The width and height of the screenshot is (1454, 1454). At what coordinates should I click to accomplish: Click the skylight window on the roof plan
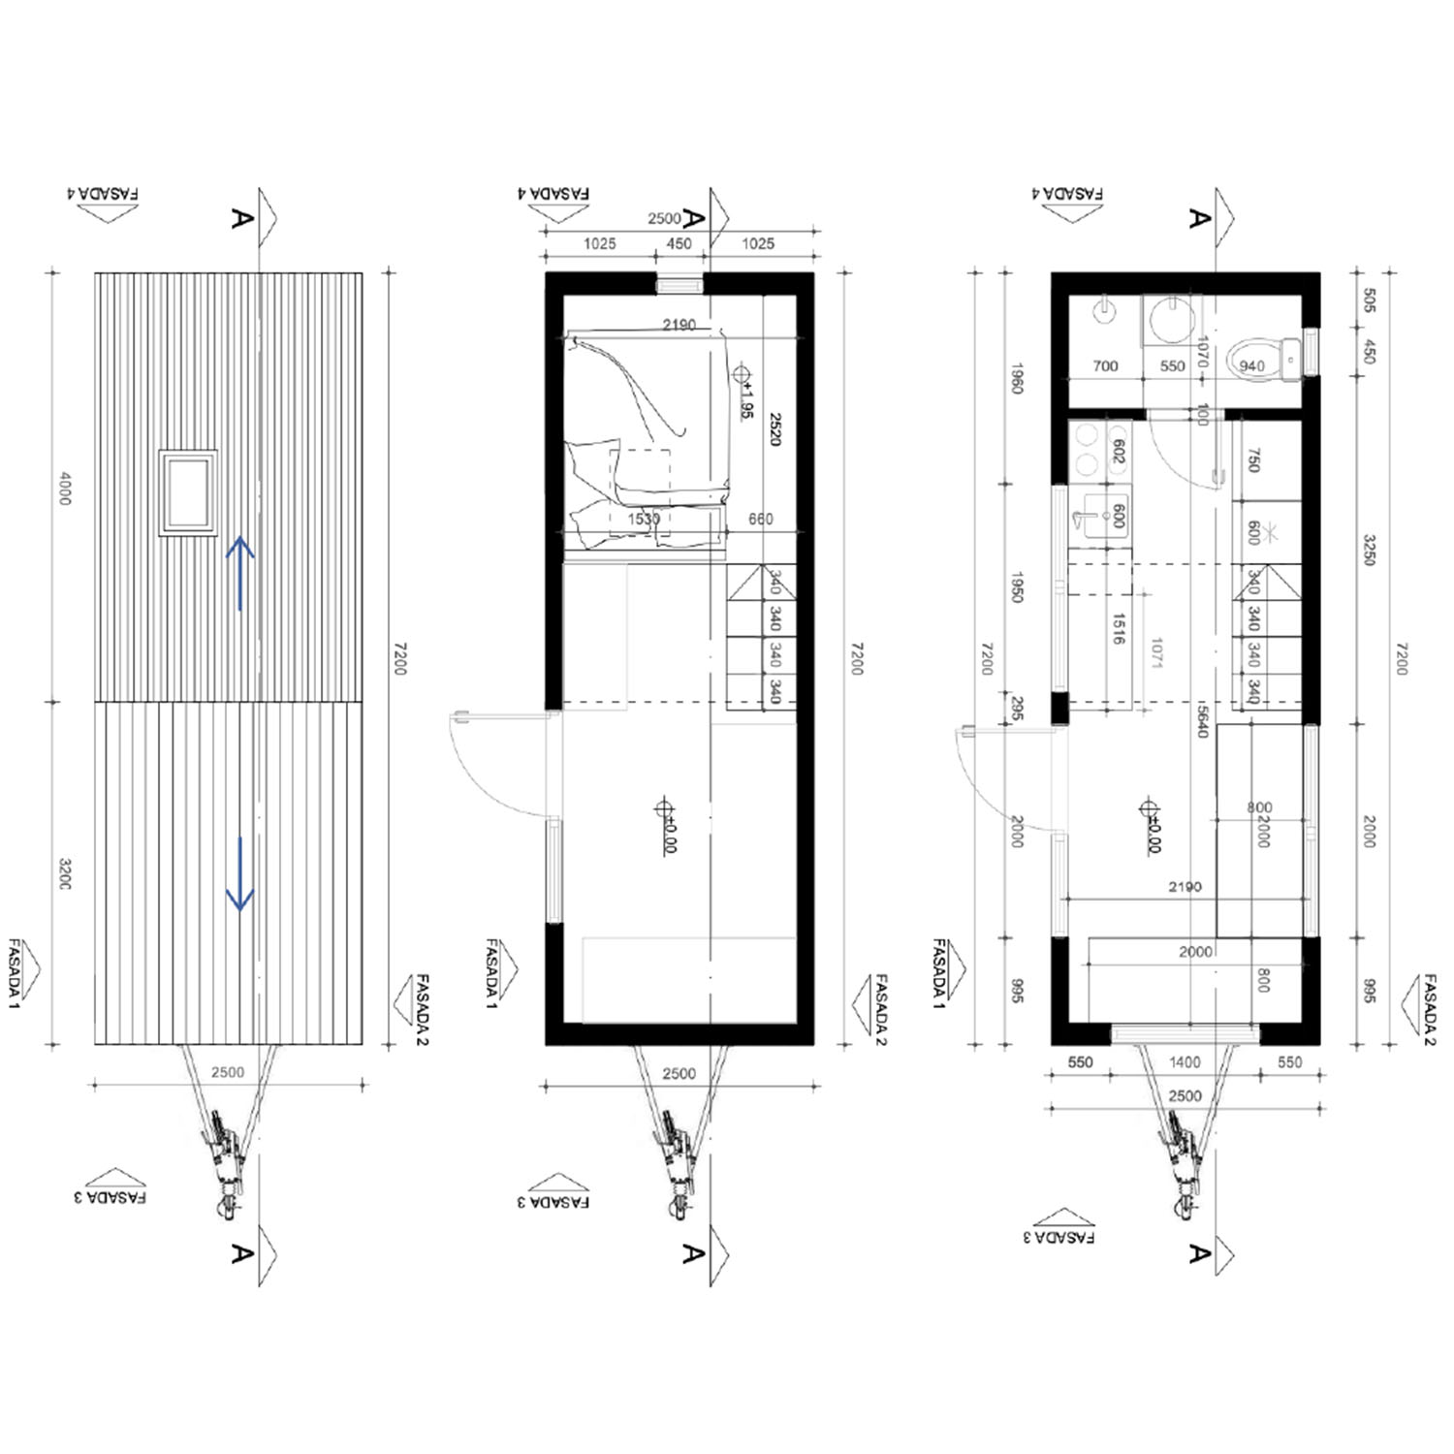[x=189, y=492]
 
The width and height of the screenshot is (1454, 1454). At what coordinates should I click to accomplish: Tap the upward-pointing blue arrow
[x=240, y=573]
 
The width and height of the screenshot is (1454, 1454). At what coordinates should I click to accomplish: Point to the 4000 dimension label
[x=65, y=488]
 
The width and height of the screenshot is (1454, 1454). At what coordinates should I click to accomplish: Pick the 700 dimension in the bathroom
[x=1105, y=366]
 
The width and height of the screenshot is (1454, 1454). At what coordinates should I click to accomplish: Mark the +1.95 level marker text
[x=747, y=398]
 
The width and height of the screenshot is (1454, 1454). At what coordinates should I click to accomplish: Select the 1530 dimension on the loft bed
[x=644, y=520]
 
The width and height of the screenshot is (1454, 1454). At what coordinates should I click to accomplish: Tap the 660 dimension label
[x=761, y=520]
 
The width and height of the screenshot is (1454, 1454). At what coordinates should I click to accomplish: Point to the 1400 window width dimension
[x=1185, y=1062]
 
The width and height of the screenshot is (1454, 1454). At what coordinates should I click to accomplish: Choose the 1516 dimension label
[x=1119, y=628]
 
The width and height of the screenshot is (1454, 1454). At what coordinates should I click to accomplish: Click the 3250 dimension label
[x=1370, y=550]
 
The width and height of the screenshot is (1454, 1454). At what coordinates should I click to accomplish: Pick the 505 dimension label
[x=1370, y=300]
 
